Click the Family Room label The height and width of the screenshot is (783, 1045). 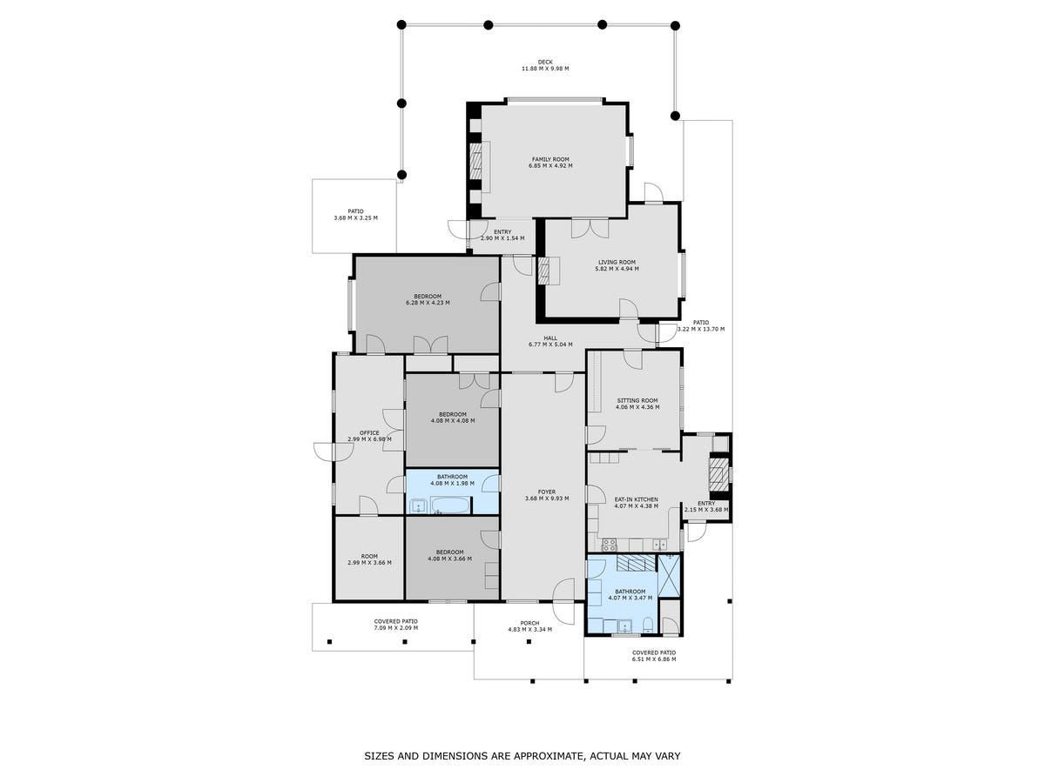pos(549,159)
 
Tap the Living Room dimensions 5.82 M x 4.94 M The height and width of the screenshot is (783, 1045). pos(617,269)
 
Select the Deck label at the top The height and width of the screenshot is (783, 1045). pos(545,62)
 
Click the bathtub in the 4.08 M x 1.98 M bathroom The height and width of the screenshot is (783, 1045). pos(450,505)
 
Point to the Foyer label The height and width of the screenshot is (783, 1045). pos(547,492)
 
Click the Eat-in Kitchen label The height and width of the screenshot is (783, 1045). pos(636,499)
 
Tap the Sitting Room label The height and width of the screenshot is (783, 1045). pos(637,400)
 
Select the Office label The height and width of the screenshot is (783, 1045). pos(369,432)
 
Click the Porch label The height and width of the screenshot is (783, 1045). pos(529,623)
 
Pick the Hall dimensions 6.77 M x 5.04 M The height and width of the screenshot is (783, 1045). pos(550,345)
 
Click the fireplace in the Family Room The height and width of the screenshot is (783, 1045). pos(477,161)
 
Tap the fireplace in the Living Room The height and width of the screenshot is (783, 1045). pos(543,271)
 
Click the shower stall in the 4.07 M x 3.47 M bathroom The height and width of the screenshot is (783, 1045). pos(670,575)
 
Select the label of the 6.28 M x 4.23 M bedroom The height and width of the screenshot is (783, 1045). pos(428,296)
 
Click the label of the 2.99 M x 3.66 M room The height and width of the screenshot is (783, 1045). pos(369,556)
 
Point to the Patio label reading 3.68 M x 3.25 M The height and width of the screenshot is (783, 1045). pos(355,211)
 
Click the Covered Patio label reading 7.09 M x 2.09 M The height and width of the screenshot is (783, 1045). pos(395,621)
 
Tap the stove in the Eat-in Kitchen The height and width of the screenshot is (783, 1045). pos(610,545)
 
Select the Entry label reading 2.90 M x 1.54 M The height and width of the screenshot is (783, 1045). pos(502,232)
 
